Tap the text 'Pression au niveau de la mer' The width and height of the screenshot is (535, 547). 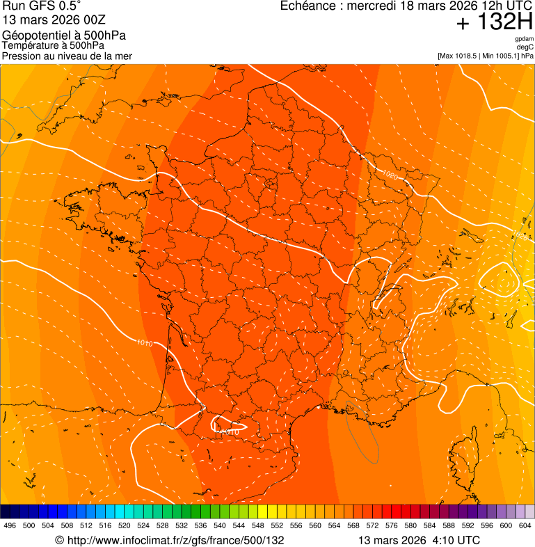pyautogui.click(x=67, y=56)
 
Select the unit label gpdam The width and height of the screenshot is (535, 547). pyautogui.click(x=524, y=39)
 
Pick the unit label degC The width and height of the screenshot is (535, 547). pyautogui.click(x=525, y=47)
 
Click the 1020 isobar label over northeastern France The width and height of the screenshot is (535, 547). pyautogui.click(x=390, y=176)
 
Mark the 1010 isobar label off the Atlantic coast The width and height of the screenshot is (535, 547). pyautogui.click(x=145, y=342)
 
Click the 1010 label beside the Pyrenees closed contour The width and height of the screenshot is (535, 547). pyautogui.click(x=230, y=431)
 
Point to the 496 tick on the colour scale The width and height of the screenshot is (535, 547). pyautogui.click(x=10, y=526)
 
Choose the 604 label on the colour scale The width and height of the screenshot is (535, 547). pyautogui.click(x=525, y=526)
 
